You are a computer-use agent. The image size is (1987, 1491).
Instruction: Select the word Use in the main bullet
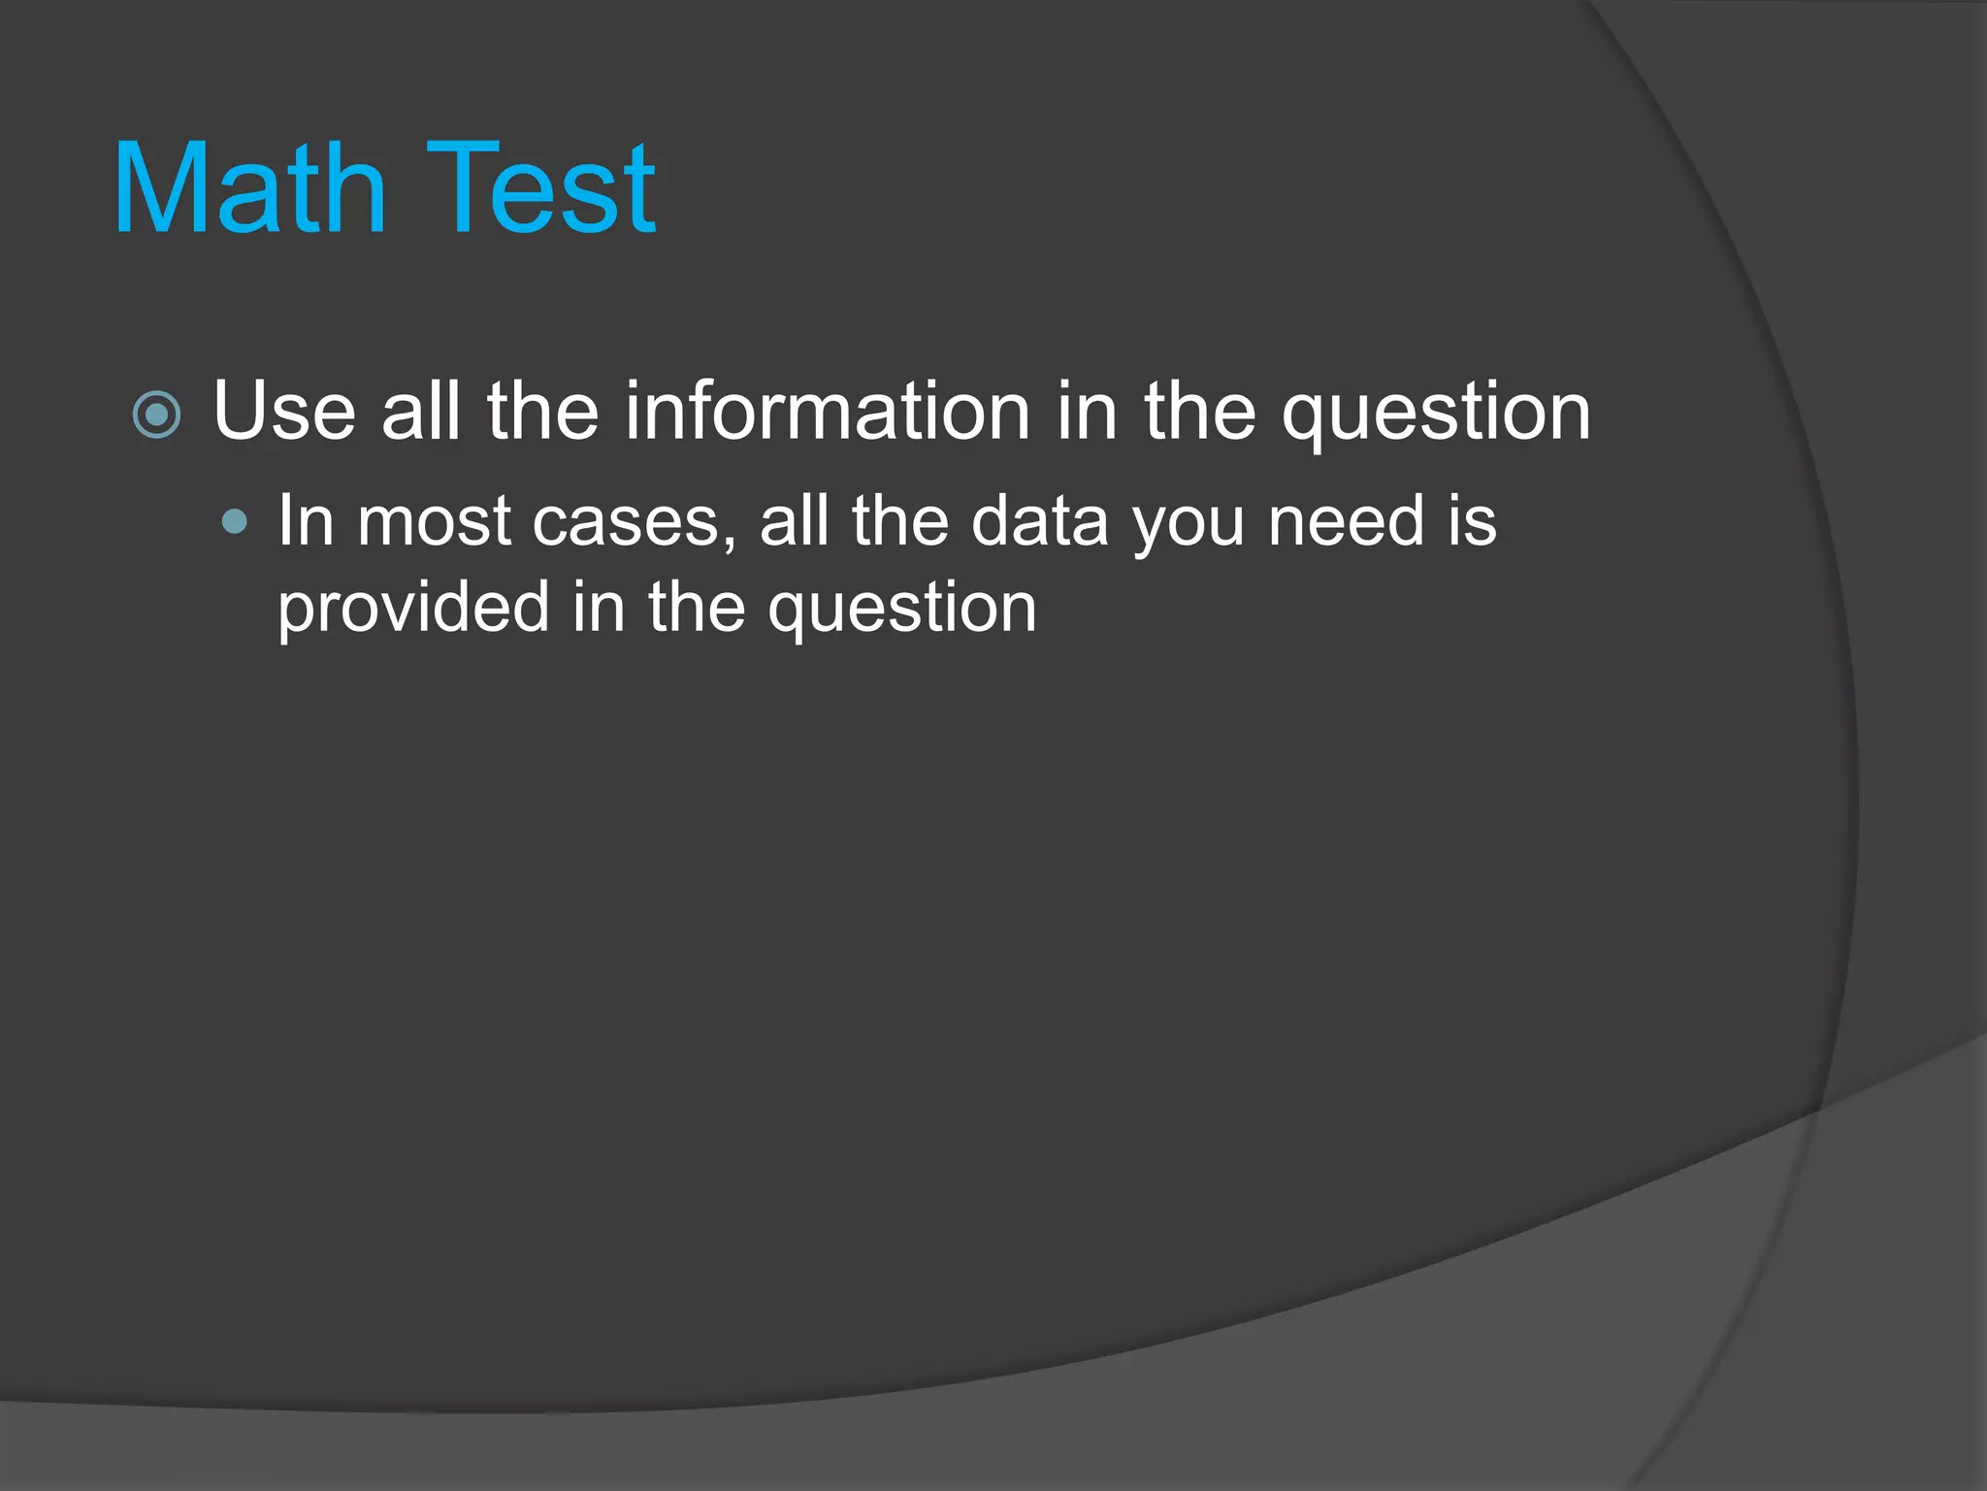[x=284, y=412]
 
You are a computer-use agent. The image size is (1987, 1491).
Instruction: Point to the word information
[x=827, y=412]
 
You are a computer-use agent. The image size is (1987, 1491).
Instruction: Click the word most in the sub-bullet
[x=434, y=522]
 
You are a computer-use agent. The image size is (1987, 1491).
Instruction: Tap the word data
[x=1039, y=522]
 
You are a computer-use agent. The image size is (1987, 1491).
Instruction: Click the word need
[x=1346, y=522]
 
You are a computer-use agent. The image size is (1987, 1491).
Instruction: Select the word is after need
[x=1473, y=522]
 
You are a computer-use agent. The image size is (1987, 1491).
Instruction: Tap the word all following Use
[x=421, y=412]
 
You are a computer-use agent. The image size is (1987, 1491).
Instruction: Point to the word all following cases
[x=794, y=522]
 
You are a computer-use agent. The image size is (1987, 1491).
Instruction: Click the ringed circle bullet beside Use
[x=156, y=415]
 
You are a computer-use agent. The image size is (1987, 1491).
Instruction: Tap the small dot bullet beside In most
[x=234, y=523]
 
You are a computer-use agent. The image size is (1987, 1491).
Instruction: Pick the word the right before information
[x=543, y=412]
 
